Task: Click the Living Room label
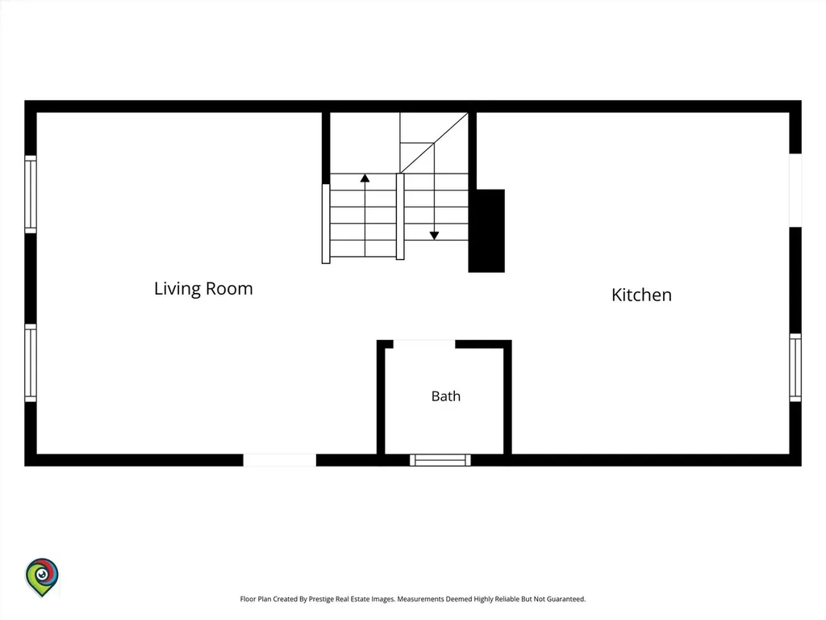[x=203, y=289]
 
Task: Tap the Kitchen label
[x=641, y=295]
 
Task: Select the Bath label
[x=445, y=396]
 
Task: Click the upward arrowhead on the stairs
[x=365, y=178]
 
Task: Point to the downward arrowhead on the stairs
[x=434, y=236]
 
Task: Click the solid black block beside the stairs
[x=486, y=231]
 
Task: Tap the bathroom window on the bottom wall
[x=440, y=460]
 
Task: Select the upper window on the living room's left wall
[x=31, y=195]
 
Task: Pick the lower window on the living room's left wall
[x=31, y=362]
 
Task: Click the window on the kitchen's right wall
[x=795, y=367]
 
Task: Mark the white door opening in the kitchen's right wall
[x=795, y=191]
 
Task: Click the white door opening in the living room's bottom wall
[x=280, y=460]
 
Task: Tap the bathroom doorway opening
[x=424, y=344]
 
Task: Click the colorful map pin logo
[x=42, y=576]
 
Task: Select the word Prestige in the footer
[x=321, y=599]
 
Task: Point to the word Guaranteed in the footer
[x=566, y=599]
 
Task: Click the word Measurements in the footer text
[x=420, y=599]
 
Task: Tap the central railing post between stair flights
[x=400, y=216]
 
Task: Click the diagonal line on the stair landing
[x=434, y=143]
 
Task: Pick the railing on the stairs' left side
[x=326, y=224]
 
